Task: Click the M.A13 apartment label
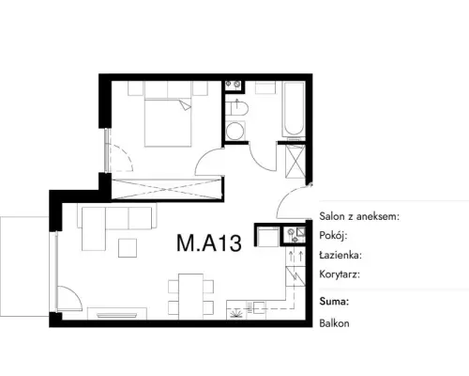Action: click(209, 243)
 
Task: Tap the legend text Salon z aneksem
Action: click(359, 216)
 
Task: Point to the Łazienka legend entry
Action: click(340, 255)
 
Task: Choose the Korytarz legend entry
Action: click(340, 274)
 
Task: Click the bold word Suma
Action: click(334, 302)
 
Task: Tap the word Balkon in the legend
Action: click(334, 323)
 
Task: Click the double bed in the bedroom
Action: click(168, 122)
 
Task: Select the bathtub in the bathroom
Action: click(294, 109)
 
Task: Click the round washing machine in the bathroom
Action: click(235, 132)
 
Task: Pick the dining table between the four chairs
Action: click(190, 296)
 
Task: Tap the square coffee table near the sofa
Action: click(128, 248)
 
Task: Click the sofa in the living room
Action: click(116, 223)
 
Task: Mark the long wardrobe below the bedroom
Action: click(167, 189)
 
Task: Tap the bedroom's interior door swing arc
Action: click(206, 158)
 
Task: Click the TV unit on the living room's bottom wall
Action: click(117, 314)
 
